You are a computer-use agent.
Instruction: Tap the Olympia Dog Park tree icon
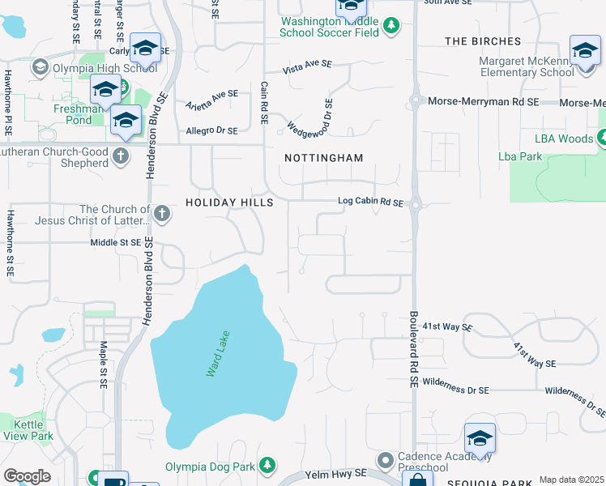pyautogui.click(x=266, y=466)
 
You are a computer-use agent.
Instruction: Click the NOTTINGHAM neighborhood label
pyautogui.click(x=323, y=158)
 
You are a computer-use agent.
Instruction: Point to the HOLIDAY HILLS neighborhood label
pyautogui.click(x=225, y=202)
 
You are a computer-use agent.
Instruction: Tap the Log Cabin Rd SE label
pyautogui.click(x=370, y=202)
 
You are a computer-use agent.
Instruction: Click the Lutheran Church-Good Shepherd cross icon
pyautogui.click(x=121, y=155)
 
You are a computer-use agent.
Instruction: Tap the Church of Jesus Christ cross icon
pyautogui.click(x=162, y=214)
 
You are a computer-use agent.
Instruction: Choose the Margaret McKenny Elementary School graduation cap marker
pyautogui.click(x=584, y=51)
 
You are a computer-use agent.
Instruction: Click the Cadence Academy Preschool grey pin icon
pyautogui.click(x=386, y=460)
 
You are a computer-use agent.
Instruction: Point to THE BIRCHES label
pyautogui.click(x=483, y=41)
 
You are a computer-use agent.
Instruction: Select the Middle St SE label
pyautogui.click(x=115, y=242)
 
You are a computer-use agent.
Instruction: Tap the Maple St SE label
pyautogui.click(x=104, y=363)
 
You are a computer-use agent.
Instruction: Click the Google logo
pyautogui.click(x=26, y=476)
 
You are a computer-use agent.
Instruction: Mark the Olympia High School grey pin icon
pyautogui.click(x=39, y=69)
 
